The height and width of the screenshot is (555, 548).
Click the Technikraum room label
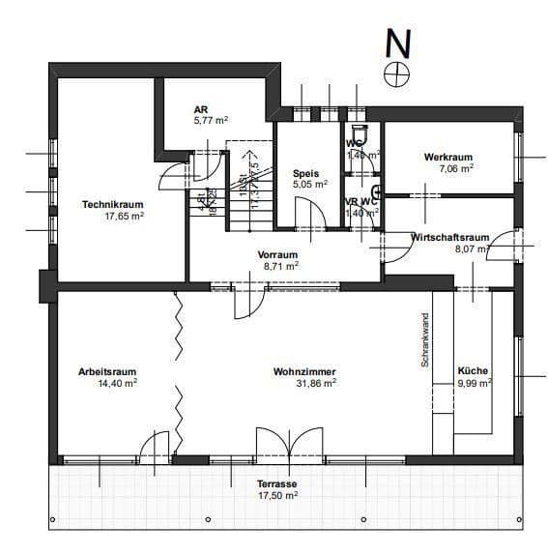click(113, 205)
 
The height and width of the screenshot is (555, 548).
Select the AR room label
click(200, 110)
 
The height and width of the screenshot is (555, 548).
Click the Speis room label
click(305, 172)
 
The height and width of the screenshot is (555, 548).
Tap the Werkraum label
click(447, 157)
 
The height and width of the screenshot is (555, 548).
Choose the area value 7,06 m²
click(455, 168)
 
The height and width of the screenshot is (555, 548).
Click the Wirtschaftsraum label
click(449, 237)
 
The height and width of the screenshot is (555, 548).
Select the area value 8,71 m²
click(281, 265)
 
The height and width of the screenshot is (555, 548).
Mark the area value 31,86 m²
click(315, 384)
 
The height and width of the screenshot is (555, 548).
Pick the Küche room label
click(473, 371)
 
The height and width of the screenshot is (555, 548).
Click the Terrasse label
click(276, 483)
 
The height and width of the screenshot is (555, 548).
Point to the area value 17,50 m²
click(277, 495)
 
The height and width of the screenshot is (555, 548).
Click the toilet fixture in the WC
click(359, 132)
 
